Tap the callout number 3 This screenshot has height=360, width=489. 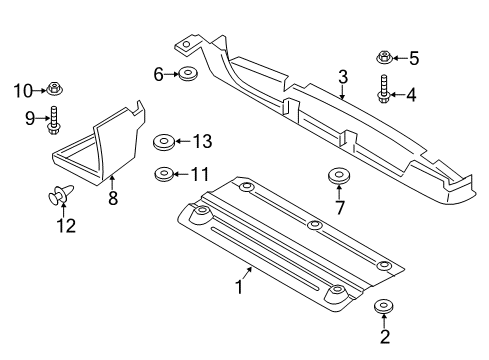point(342,77)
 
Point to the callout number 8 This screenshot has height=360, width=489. point(113,199)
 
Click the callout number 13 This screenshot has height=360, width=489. point(203,141)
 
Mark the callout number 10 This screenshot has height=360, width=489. point(23,92)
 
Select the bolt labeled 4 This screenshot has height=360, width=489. point(383,90)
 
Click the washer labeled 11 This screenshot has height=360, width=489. point(161,175)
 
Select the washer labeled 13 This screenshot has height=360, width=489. point(162,142)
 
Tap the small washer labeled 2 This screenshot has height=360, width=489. point(382,307)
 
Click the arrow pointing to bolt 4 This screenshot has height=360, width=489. point(397,95)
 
